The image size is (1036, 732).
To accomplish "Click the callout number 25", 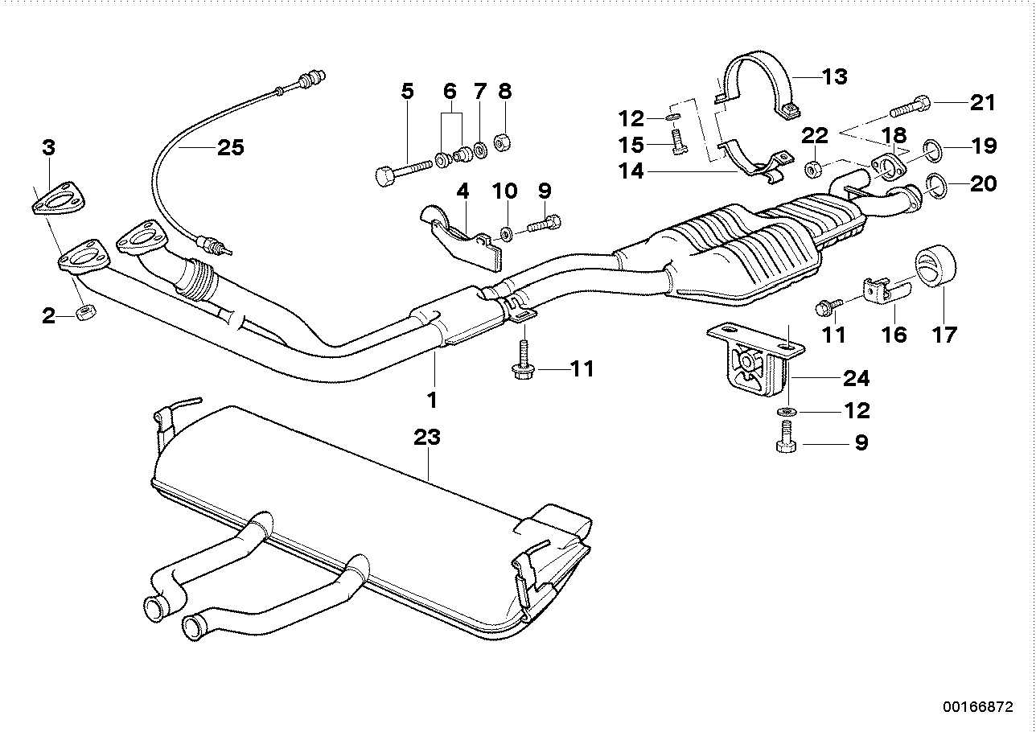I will [230, 148].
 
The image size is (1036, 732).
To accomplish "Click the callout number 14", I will [631, 171].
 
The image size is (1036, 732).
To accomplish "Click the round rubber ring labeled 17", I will [935, 269].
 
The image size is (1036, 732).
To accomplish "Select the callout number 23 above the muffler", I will [427, 438].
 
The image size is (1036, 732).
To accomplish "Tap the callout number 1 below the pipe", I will [432, 398].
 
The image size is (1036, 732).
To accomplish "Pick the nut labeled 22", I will [814, 169].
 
